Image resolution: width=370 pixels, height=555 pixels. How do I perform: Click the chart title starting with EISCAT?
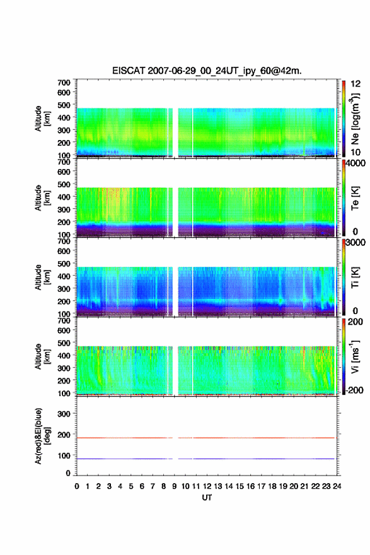pyautogui.click(x=207, y=71)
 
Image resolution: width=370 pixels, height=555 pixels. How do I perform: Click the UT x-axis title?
pyautogui.click(x=207, y=498)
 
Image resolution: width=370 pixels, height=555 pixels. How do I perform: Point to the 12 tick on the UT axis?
pyautogui.click(x=207, y=486)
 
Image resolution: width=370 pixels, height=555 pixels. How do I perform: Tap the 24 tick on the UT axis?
pyautogui.click(x=337, y=486)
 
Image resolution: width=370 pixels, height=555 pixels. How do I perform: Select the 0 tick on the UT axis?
pyautogui.click(x=77, y=486)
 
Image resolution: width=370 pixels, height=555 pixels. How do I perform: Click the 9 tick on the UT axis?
pyautogui.click(x=175, y=486)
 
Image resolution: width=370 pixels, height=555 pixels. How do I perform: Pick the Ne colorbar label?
pyautogui.click(x=355, y=119)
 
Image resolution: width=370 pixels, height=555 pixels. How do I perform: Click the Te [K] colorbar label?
pyautogui.click(x=355, y=198)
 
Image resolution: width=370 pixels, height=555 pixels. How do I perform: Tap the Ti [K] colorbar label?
pyautogui.click(x=355, y=277)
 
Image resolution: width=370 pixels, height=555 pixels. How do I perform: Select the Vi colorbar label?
pyautogui.click(x=355, y=356)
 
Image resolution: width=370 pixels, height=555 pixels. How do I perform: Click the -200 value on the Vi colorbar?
pyautogui.click(x=354, y=390)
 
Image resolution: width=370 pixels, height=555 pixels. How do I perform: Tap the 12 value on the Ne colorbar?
pyautogui.click(x=356, y=84)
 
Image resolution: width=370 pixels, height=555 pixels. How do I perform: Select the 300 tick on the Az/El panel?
pyautogui.click(x=64, y=414)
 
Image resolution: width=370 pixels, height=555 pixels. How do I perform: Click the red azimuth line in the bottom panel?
pyautogui.click(x=205, y=438)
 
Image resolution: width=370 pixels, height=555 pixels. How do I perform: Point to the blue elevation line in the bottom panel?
pyautogui.click(x=205, y=459)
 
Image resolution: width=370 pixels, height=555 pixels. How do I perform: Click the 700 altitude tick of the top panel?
pyautogui.click(x=64, y=83)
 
